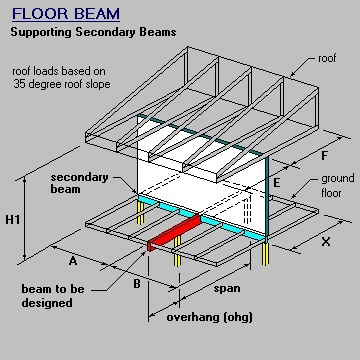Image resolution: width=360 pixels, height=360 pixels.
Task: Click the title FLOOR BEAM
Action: coord(66,15)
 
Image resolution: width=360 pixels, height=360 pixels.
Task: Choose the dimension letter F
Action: coord(324,155)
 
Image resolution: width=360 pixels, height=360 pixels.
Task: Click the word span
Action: coord(226,288)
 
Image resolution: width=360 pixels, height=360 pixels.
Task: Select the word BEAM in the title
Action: coord(99,15)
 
